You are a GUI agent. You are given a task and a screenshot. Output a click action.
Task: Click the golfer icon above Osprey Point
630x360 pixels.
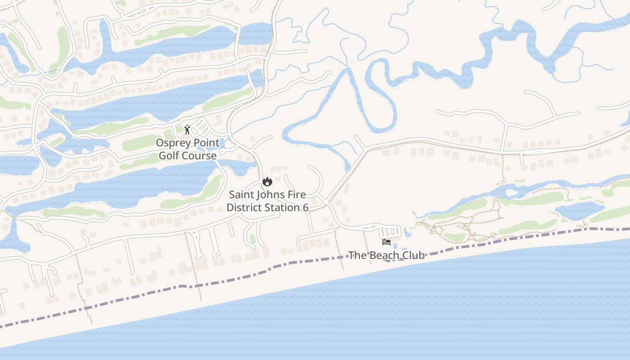point(187,130)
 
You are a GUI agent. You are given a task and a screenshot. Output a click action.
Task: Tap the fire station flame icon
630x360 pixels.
point(267,182)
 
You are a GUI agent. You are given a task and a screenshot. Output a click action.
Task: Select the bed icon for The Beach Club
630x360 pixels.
point(386,242)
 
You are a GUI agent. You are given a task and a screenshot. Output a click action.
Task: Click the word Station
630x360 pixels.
point(282,207)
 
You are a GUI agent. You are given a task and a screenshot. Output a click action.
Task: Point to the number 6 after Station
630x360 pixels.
point(306,207)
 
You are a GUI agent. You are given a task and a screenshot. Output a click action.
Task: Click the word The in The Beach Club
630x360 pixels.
point(358,255)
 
